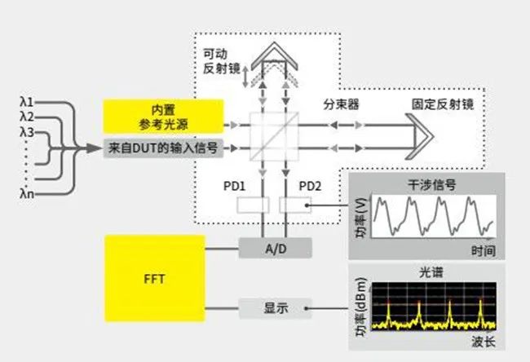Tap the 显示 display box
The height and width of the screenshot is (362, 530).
[276, 308]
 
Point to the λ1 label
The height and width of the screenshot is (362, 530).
[28, 102]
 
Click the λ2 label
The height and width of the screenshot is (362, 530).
[28, 117]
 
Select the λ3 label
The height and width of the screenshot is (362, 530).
[28, 132]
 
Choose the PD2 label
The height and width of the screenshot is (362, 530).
[311, 185]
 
